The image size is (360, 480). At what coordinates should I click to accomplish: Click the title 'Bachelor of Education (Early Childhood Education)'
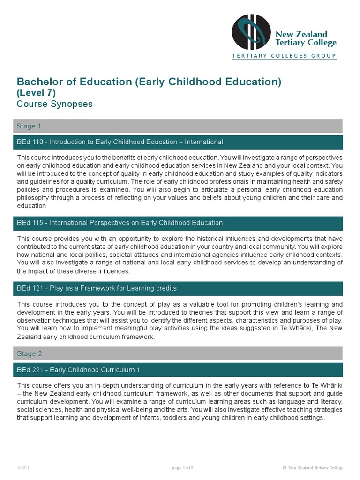click(149, 82)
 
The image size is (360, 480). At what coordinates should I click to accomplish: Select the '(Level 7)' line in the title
click(36, 93)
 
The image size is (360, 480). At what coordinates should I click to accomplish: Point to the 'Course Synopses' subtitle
click(54, 104)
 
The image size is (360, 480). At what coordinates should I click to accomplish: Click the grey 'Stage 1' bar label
click(29, 126)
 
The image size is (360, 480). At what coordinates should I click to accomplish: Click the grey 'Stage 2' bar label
click(29, 354)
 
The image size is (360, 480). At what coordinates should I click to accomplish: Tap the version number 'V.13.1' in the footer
click(23, 468)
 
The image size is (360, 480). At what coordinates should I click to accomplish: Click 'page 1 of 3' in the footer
click(183, 468)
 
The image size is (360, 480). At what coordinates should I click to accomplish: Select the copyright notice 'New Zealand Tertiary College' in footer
click(315, 468)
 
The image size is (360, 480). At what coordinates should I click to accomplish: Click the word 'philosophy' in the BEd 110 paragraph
click(33, 198)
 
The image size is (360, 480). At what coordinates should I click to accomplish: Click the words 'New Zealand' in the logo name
click(308, 34)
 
